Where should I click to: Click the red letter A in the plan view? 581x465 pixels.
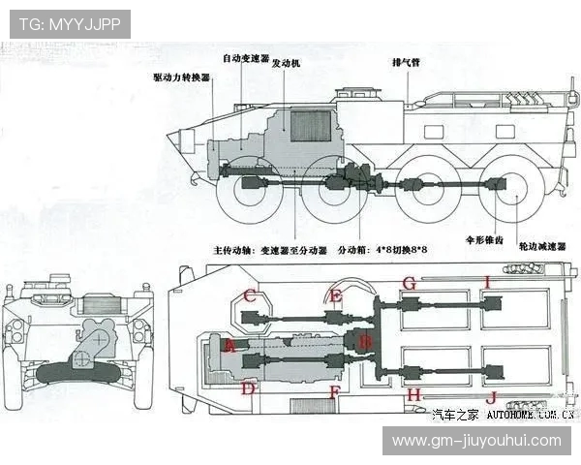pyautogui.click(x=229, y=345)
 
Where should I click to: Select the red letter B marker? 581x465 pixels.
pyautogui.click(x=364, y=341)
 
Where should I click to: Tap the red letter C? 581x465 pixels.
pyautogui.click(x=249, y=295)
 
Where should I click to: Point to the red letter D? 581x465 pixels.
pyautogui.click(x=249, y=388)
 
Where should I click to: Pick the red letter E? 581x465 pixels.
pyautogui.click(x=336, y=295)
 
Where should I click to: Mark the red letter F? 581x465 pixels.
pyautogui.click(x=334, y=392)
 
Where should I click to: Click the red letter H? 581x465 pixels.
pyautogui.click(x=413, y=394)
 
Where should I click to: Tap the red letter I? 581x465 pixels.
pyautogui.click(x=489, y=282)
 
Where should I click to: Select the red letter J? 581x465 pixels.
pyautogui.click(x=491, y=396)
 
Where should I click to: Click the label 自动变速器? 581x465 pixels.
pyautogui.click(x=245, y=58)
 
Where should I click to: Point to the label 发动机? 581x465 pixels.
pyautogui.click(x=286, y=63)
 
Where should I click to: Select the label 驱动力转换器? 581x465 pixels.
pyautogui.click(x=181, y=77)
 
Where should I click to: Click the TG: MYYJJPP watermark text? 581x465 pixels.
pyautogui.click(x=70, y=24)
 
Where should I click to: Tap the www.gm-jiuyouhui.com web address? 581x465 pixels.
pyautogui.click(x=476, y=441)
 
